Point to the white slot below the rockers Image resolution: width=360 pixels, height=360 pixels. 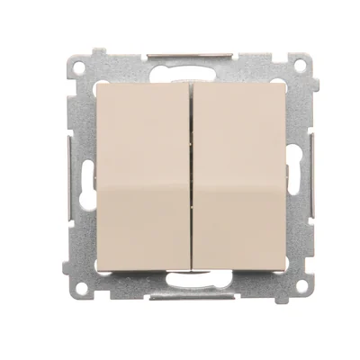[190, 279]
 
